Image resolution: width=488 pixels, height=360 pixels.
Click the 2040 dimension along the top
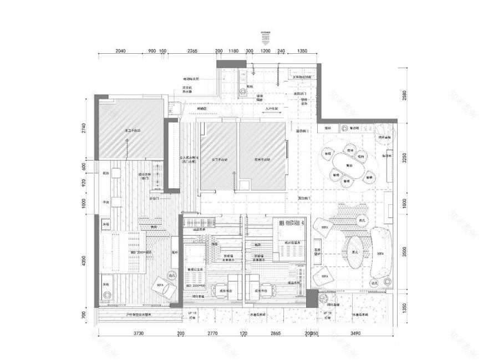pyautogui.click(x=120, y=51)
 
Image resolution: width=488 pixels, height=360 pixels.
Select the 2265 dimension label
pyautogui.click(x=192, y=51)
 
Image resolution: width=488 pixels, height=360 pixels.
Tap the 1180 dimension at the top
pyautogui.click(x=233, y=51)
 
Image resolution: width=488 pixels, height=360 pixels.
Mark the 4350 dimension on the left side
pyautogui.click(x=83, y=261)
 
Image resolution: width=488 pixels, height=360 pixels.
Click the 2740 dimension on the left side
pyautogui.click(x=83, y=129)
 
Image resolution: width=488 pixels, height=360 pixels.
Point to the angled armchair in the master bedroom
pyautogui.click(x=165, y=285)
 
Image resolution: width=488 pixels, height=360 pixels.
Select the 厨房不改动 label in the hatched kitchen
pyautogui.click(x=264, y=160)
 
